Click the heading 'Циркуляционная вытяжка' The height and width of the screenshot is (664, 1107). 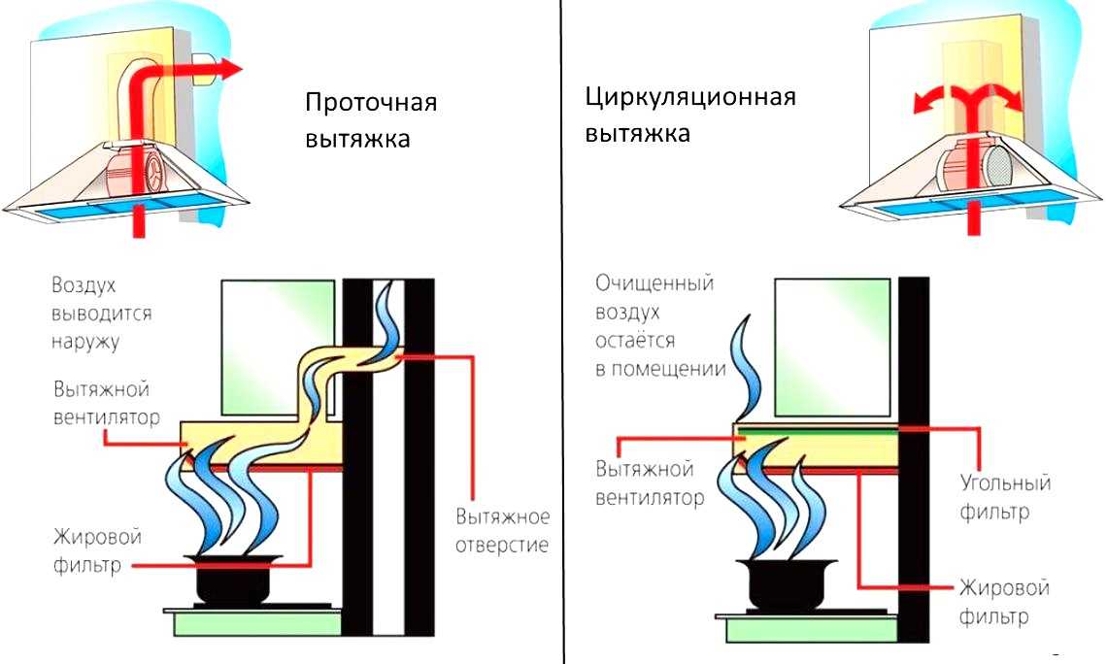[689, 115]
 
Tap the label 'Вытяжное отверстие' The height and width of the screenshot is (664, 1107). [501, 530]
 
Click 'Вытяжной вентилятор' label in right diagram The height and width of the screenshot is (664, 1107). [646, 483]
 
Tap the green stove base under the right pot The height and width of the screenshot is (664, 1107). [806, 632]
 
